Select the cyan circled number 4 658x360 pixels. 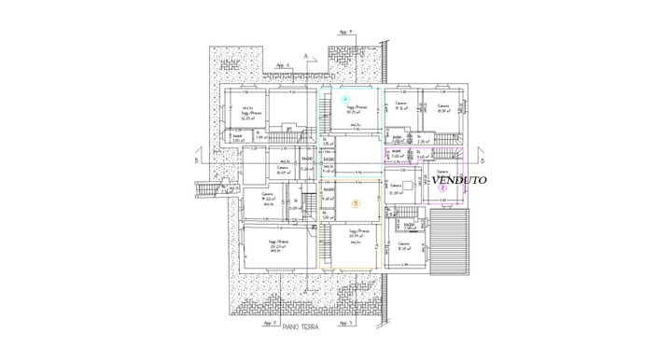[x=344, y=98]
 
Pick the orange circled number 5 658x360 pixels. [x=355, y=202]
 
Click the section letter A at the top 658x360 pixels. [x=317, y=57]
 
